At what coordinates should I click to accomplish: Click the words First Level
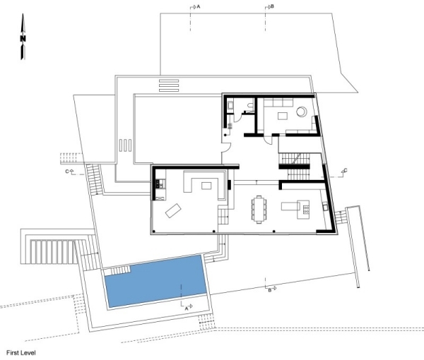point(22,351)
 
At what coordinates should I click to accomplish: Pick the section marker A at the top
point(195,6)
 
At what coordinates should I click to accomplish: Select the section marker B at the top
point(269,6)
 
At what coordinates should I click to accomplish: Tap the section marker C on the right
point(343,171)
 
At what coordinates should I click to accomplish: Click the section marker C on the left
point(69,172)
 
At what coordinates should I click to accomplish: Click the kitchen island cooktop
point(304,208)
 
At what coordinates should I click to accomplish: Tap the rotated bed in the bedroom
point(174,210)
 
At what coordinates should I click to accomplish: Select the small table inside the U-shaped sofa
point(206,186)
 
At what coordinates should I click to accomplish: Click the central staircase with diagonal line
point(295,160)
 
